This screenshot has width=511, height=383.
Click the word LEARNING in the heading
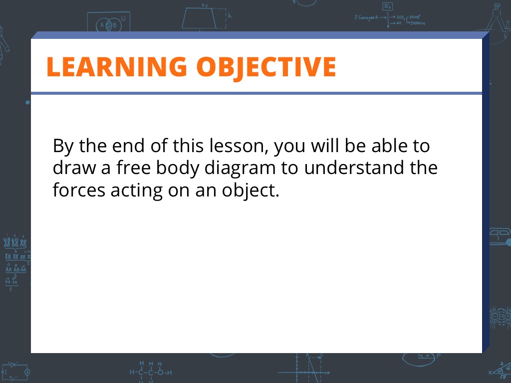coord(117,67)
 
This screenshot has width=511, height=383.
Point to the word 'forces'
coord(79,190)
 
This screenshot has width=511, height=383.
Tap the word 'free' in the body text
coord(134,168)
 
